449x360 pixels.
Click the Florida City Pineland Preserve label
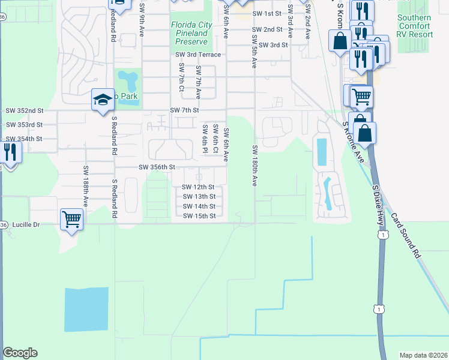tap(191, 33)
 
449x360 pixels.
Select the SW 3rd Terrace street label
tap(198, 55)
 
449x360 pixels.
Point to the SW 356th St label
tap(157, 167)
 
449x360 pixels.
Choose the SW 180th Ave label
tap(255, 165)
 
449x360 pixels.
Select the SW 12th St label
tap(199, 187)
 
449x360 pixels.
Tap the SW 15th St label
tap(199, 216)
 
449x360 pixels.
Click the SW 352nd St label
tap(25, 110)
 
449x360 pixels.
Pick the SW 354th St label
tap(25, 139)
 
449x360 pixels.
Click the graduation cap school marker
tap(103, 100)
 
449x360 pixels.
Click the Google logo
tap(20, 353)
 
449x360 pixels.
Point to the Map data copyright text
tap(423, 355)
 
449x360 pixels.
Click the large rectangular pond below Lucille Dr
tap(87, 309)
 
